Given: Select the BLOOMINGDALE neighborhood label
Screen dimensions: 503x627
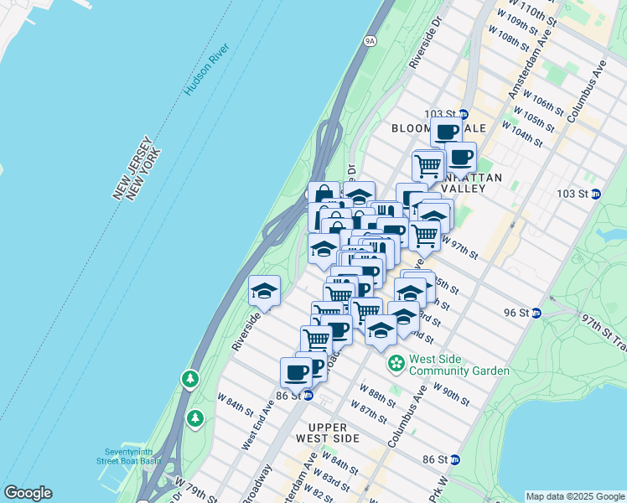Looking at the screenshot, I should [438, 128].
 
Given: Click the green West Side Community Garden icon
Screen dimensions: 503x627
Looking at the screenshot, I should [396, 365].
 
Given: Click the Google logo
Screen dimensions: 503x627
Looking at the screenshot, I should [28, 493].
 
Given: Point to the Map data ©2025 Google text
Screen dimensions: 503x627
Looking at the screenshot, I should [574, 496].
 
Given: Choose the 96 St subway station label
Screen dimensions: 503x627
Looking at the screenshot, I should [519, 313].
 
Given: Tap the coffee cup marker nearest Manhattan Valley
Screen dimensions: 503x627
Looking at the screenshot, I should [459, 157].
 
